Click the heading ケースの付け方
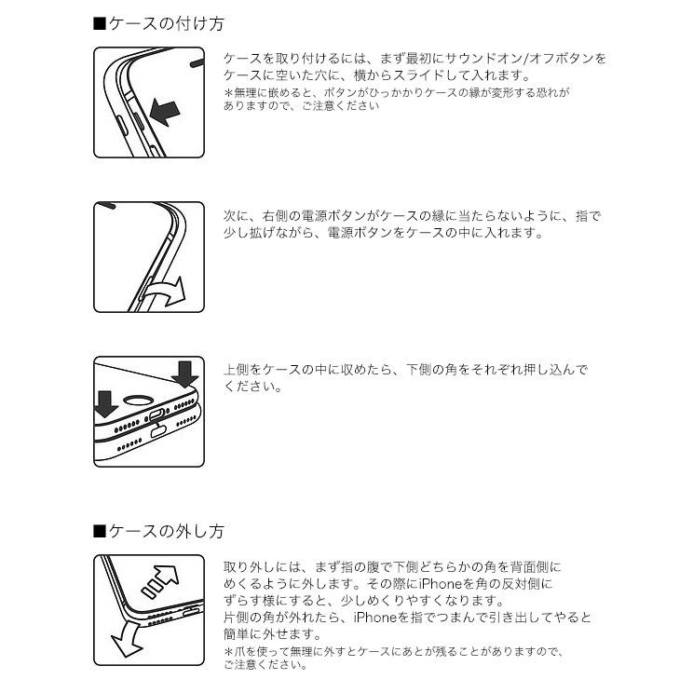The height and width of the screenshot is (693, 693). (167, 24)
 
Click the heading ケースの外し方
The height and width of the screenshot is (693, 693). (167, 531)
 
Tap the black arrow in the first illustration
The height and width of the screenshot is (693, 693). (165, 112)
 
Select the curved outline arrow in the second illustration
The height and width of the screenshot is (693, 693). (166, 292)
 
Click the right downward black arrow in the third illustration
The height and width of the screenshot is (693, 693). (184, 374)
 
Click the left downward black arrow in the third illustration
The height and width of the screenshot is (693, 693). (105, 404)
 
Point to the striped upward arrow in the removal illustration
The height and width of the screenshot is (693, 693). (159, 581)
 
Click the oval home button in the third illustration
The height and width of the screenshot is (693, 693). (139, 401)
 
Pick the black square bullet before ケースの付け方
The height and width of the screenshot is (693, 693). (100, 24)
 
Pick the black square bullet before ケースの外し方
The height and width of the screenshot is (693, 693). (100, 531)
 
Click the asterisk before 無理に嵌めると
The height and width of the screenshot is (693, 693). (228, 93)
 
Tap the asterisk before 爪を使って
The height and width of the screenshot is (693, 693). (228, 651)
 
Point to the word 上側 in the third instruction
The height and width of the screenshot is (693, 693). (237, 369)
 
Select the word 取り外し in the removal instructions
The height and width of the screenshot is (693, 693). (250, 567)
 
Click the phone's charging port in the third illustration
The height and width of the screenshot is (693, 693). (156, 415)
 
